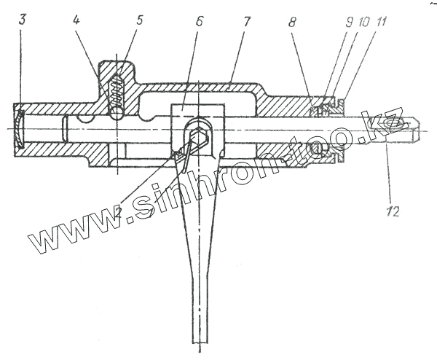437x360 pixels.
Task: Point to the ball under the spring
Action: (117, 111)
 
